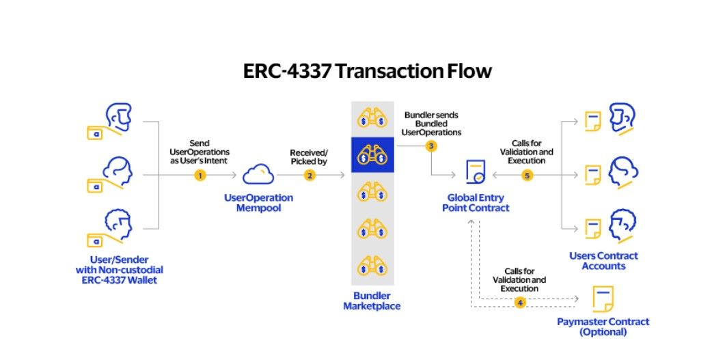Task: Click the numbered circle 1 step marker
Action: (x=200, y=176)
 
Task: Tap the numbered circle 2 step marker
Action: (x=310, y=176)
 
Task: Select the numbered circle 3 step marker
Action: (x=430, y=146)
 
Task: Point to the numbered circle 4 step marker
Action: (x=520, y=302)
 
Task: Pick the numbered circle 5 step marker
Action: (x=527, y=176)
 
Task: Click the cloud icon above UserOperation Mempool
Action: (x=258, y=174)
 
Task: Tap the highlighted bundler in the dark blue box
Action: (x=372, y=155)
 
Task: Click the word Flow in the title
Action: (x=466, y=71)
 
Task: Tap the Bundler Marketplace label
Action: (x=372, y=301)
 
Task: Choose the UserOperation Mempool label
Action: (x=258, y=202)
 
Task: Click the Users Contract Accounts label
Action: (x=603, y=260)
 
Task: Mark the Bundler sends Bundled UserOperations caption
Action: (x=433, y=123)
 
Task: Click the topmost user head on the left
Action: (x=120, y=117)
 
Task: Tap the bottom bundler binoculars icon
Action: (x=372, y=266)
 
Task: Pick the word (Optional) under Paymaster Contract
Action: (x=603, y=332)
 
